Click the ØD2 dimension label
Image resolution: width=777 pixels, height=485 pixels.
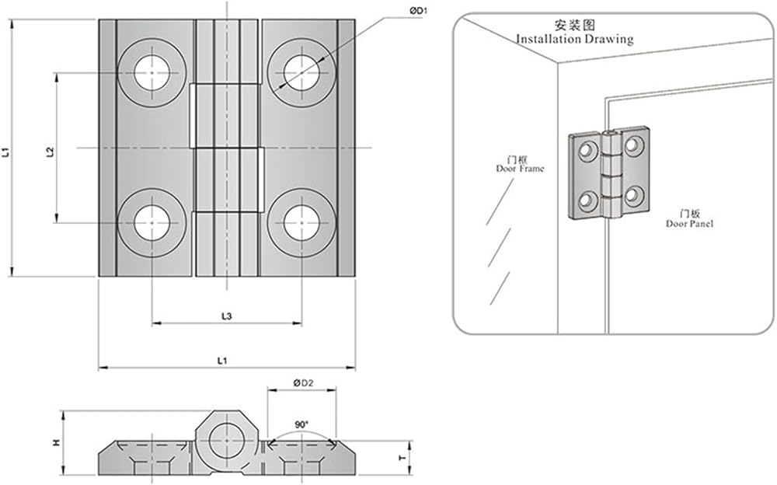tap(302, 382)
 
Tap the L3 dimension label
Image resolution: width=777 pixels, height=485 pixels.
tap(225, 316)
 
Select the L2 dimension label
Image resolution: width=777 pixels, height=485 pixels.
tap(50, 152)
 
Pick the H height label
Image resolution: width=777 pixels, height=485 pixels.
tap(56, 442)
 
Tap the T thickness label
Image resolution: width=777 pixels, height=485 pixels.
tap(402, 458)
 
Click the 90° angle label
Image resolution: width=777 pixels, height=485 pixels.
tap(301, 425)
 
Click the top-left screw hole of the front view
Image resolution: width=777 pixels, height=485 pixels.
tap(152, 74)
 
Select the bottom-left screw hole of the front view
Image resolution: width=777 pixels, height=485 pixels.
tap(152, 223)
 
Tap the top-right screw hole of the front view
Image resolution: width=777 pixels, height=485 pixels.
tap(301, 74)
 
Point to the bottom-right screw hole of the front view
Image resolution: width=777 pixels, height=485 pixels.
tap(301, 223)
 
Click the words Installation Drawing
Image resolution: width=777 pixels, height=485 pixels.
tap(574, 39)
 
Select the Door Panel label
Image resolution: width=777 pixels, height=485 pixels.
tap(690, 224)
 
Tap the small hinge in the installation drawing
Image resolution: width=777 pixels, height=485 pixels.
tap(609, 173)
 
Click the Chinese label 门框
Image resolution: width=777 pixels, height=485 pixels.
tap(520, 159)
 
